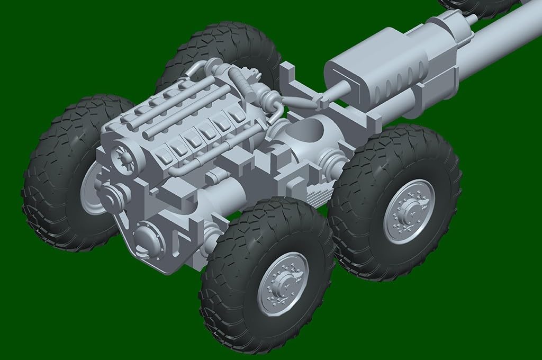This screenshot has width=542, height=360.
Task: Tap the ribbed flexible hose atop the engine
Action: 245,83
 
